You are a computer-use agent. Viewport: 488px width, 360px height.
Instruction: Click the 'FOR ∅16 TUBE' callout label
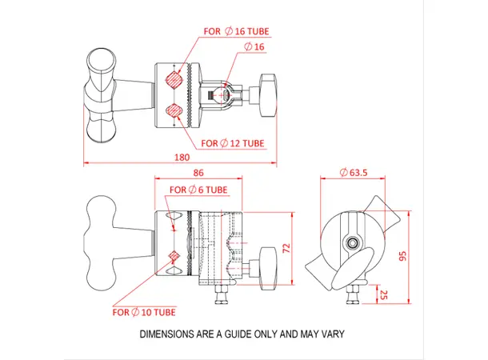(237, 31)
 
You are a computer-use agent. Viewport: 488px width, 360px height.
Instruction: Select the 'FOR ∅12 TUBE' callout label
(233, 144)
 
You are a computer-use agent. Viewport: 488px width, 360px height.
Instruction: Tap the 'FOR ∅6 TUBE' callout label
(198, 190)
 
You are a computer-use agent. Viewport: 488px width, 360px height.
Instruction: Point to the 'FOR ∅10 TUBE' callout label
(144, 311)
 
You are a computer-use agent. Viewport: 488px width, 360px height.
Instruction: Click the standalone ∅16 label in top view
(253, 48)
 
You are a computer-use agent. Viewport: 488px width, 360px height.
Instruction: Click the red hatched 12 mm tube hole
(174, 110)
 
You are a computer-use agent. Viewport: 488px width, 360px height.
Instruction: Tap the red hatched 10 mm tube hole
(174, 256)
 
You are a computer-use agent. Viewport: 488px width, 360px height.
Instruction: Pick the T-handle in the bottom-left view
(108, 242)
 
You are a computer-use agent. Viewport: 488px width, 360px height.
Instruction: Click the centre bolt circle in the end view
(351, 242)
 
